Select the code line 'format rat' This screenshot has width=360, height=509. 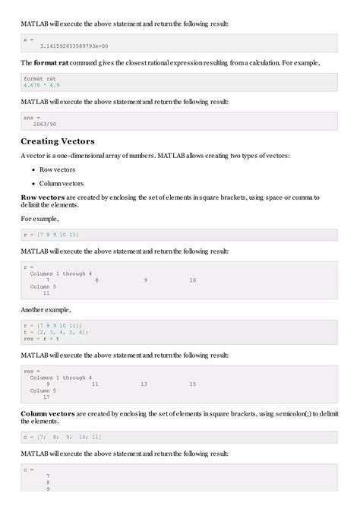(x=39, y=78)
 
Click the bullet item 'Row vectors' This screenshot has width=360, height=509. (x=56, y=169)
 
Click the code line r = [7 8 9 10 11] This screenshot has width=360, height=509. (x=51, y=235)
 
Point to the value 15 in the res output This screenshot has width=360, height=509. (x=192, y=384)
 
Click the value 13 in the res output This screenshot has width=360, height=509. (x=144, y=384)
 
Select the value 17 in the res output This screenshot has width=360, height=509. (x=46, y=397)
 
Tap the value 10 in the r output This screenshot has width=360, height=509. (x=192, y=280)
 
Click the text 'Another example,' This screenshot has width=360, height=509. (x=46, y=309)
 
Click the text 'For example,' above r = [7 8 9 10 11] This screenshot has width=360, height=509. (x=40, y=220)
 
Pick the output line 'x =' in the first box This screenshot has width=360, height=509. (x=29, y=40)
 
